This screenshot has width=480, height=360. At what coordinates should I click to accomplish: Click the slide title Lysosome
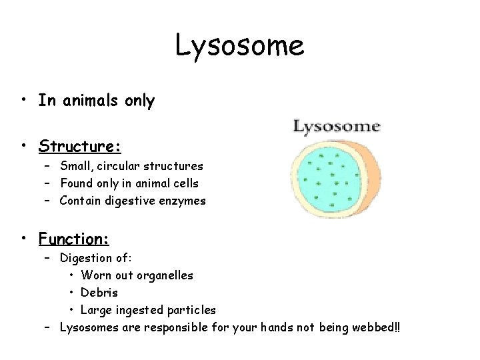(x=239, y=46)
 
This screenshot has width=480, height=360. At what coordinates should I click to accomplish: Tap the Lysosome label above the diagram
(x=336, y=126)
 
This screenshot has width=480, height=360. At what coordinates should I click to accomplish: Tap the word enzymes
(x=183, y=200)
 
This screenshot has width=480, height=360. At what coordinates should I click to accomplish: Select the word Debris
(x=99, y=292)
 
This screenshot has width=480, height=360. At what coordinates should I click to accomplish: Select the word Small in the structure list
(x=75, y=165)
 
